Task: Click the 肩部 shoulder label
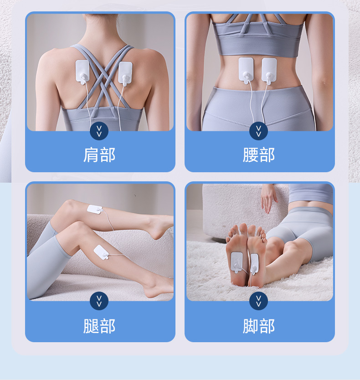99,155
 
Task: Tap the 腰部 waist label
259,155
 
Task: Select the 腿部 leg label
99,326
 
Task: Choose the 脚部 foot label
259,326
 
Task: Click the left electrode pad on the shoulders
83,72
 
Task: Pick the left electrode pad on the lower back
246,70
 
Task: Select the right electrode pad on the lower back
269,71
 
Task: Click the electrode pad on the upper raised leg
95,210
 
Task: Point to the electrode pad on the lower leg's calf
101,252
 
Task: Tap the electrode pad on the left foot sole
237,262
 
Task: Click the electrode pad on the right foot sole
254,264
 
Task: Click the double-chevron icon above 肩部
99,131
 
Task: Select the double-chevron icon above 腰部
259,131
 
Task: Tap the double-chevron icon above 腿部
99,301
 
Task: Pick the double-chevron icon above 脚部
259,301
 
